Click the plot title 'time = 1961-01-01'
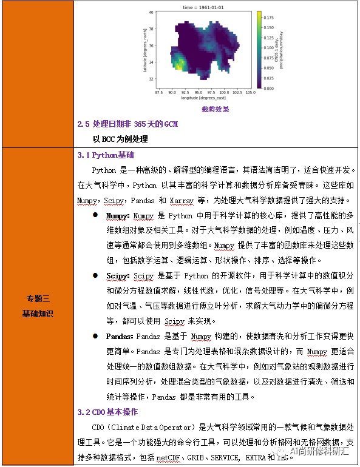coord(203,7)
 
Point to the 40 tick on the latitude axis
coord(152,12)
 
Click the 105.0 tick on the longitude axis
coord(250,93)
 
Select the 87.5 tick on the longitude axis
coord(159,93)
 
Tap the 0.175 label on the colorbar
coord(269,18)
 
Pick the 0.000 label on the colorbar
coord(269,88)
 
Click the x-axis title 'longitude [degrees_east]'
coord(203,98)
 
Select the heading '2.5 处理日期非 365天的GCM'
coord(127,124)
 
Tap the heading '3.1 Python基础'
coord(105,155)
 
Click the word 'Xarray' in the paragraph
coord(181,200)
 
